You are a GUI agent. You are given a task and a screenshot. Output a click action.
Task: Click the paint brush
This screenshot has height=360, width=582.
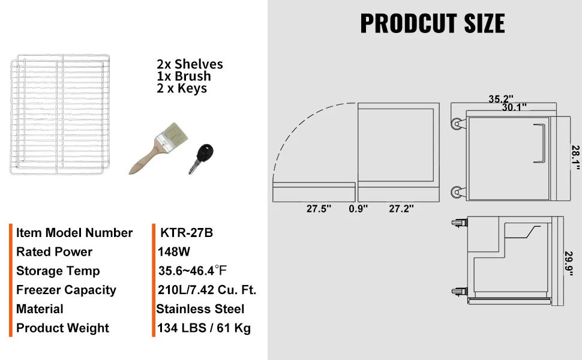(158, 149)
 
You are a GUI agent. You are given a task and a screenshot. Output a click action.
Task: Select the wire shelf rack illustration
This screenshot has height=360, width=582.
(60, 115)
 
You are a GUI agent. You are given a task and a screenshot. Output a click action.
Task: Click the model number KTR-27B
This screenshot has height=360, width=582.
(187, 233)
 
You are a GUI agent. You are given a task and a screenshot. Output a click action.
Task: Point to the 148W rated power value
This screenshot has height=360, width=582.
(174, 251)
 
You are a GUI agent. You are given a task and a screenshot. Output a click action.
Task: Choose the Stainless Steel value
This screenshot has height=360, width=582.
(200, 309)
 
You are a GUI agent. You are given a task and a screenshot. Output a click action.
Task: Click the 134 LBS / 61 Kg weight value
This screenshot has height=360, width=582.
(204, 328)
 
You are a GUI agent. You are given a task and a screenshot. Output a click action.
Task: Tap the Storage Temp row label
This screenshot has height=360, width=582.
(58, 271)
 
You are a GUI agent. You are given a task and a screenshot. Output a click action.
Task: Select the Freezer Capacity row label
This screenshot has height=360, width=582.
(66, 290)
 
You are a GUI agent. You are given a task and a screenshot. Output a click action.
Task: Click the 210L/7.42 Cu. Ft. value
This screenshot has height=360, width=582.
(207, 290)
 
